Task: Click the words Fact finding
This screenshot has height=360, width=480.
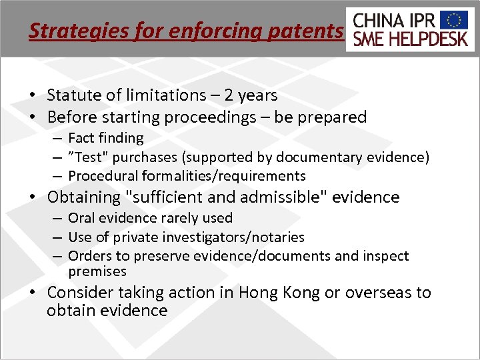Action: [x=106, y=138]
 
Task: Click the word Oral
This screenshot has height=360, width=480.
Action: [x=81, y=218]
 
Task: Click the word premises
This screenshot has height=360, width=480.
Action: [x=97, y=271]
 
